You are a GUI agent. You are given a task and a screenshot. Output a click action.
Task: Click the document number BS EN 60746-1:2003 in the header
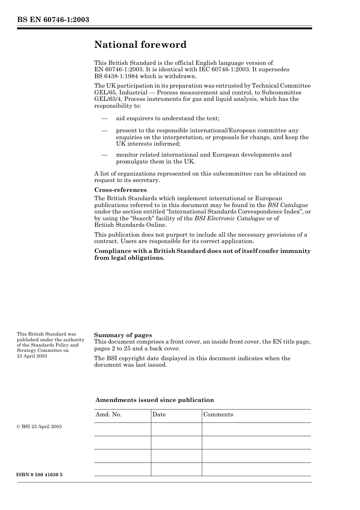pyautogui.click(x=53, y=20)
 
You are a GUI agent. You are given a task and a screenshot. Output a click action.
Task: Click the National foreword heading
pyautogui.click(x=140, y=45)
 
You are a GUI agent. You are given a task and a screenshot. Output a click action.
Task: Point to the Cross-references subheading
pyautogui.click(x=120, y=190)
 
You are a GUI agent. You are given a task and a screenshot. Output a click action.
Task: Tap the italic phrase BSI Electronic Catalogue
pyautogui.click(x=229, y=218)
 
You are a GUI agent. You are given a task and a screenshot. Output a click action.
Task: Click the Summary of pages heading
pyautogui.click(x=123, y=335)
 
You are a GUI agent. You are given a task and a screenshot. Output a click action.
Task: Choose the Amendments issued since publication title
pyautogui.click(x=155, y=400)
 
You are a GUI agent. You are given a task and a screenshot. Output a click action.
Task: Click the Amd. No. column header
pyautogui.click(x=108, y=414)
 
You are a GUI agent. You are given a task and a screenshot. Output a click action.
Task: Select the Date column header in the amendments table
pyautogui.click(x=159, y=414)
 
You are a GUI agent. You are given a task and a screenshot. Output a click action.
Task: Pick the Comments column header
pyautogui.click(x=218, y=414)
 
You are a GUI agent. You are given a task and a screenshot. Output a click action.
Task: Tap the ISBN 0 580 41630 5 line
pyautogui.click(x=40, y=475)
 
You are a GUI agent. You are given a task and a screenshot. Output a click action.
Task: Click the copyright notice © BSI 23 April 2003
pyautogui.click(x=39, y=427)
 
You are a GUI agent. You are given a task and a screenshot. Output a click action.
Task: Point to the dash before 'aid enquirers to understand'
pyautogui.click(x=105, y=119)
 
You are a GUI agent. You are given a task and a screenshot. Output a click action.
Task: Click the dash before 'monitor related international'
pyautogui.click(x=105, y=155)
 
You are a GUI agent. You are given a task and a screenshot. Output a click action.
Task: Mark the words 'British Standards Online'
pyautogui.click(x=130, y=225)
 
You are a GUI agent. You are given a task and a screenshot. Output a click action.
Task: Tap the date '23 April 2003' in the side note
pyautogui.click(x=32, y=356)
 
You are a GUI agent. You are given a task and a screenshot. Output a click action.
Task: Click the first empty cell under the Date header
pyautogui.click(x=176, y=429)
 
